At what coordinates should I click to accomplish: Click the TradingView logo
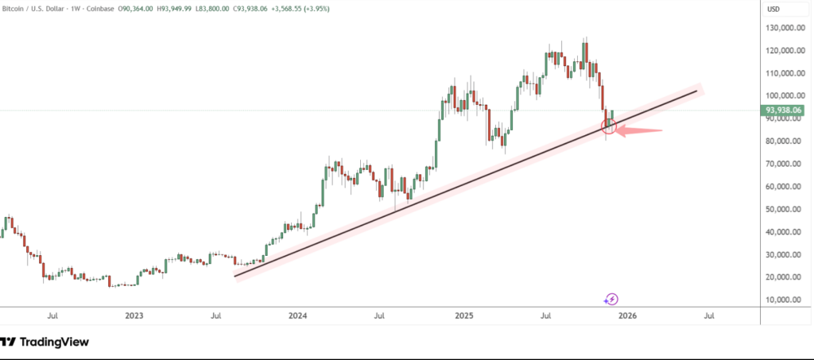tap(45, 342)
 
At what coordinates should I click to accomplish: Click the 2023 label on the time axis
tap(134, 315)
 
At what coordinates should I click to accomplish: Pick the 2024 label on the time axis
tap(298, 315)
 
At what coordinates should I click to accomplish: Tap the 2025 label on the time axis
tap(464, 315)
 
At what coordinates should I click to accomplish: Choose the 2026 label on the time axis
tap(627, 315)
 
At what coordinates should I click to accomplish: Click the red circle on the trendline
tap(610, 125)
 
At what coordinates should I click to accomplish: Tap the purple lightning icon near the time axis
tap(611, 300)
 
